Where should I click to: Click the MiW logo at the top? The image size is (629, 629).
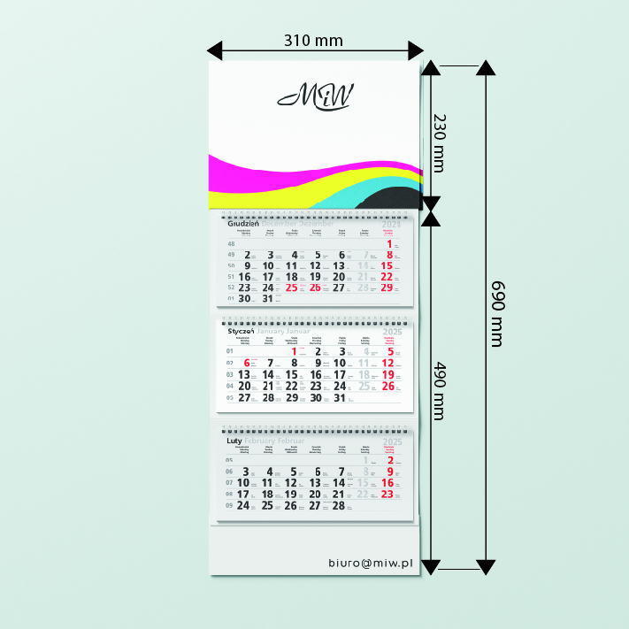(x=315, y=95)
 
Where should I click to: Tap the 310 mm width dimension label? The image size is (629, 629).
(x=313, y=40)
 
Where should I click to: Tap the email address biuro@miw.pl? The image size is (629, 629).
(x=371, y=562)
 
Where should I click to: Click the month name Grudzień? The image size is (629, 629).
(x=242, y=224)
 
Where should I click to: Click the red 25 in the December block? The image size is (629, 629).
(x=291, y=288)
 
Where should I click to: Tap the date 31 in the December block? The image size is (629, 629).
(x=269, y=299)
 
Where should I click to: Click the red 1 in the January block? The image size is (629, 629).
(x=295, y=351)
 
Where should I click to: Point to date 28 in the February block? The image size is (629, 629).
(x=338, y=506)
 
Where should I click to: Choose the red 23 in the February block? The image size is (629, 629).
(x=386, y=495)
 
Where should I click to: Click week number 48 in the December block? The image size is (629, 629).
(x=232, y=243)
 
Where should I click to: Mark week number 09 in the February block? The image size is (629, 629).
(x=230, y=506)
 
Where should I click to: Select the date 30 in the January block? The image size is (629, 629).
(x=316, y=398)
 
